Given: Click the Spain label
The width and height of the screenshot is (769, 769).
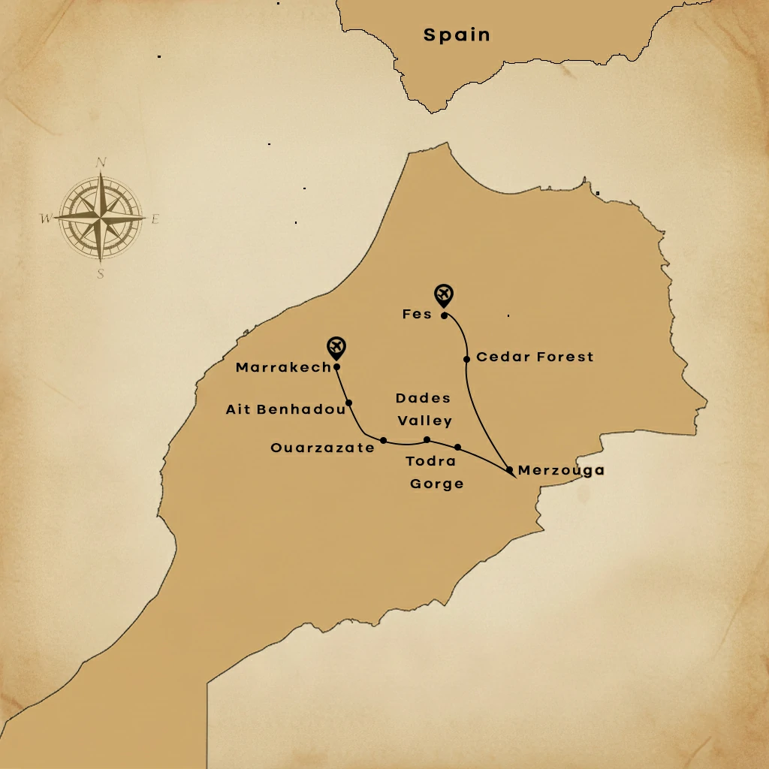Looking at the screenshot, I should (457, 35).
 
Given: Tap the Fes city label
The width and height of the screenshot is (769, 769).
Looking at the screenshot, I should (417, 314).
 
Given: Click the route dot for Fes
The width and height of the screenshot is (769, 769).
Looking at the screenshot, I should (445, 315).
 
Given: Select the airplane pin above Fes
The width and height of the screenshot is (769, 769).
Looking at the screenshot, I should (445, 294).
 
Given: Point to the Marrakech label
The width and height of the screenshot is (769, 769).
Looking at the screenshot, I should (283, 367).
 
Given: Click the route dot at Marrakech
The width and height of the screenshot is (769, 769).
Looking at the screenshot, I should (336, 367).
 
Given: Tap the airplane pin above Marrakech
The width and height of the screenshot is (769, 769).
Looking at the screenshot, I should (336, 346).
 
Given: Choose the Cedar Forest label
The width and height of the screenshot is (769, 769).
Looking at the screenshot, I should (535, 357).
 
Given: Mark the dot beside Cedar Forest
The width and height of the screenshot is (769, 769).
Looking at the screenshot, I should (466, 359).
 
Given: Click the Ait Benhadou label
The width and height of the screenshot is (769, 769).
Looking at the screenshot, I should (285, 409).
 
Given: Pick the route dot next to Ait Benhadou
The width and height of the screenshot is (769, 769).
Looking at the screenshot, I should (349, 403).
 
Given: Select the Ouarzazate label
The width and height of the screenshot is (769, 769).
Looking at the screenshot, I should (322, 448).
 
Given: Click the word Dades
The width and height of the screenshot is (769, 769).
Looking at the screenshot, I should (423, 398).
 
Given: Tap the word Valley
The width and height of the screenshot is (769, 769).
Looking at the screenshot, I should (425, 421).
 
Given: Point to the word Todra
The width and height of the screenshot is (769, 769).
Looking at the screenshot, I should (430, 461).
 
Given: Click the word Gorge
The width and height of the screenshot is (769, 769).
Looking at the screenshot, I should (436, 484).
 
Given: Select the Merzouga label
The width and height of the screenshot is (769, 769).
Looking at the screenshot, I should (561, 470).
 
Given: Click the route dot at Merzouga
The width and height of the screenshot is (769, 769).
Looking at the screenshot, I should (509, 470).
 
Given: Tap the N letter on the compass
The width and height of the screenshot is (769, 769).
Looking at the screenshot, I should (101, 162).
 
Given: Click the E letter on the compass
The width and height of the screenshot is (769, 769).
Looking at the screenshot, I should (155, 219).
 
